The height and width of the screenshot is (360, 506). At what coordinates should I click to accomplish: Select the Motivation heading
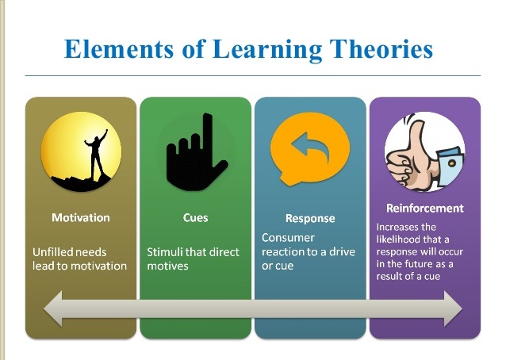click(x=81, y=217)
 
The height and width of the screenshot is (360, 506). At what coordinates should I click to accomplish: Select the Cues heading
click(x=195, y=217)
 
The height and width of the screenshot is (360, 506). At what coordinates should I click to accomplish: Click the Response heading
click(x=309, y=218)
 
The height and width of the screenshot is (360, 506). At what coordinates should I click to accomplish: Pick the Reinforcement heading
click(x=424, y=209)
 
